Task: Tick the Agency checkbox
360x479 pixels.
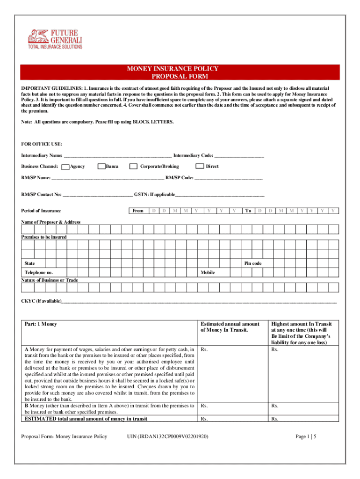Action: [x=65, y=167]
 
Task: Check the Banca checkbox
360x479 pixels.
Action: [x=101, y=167]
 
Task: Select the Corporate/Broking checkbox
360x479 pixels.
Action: [x=133, y=167]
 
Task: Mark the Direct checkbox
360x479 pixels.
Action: [x=200, y=167]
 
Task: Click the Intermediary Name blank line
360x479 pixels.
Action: [x=117, y=156]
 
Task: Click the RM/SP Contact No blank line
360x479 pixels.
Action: [x=98, y=195]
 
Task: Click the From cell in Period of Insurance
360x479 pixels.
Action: [x=138, y=211]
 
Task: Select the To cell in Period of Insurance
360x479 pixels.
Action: [x=248, y=211]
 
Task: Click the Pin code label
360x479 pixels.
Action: [x=253, y=263]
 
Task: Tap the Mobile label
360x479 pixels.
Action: [x=208, y=272]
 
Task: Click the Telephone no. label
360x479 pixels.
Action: [x=39, y=272]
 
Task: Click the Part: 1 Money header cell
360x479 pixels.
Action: [x=41, y=324]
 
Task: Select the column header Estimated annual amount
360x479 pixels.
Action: [x=230, y=327]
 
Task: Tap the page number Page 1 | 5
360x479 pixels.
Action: [x=306, y=436]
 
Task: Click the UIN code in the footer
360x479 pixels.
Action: [x=168, y=436]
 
